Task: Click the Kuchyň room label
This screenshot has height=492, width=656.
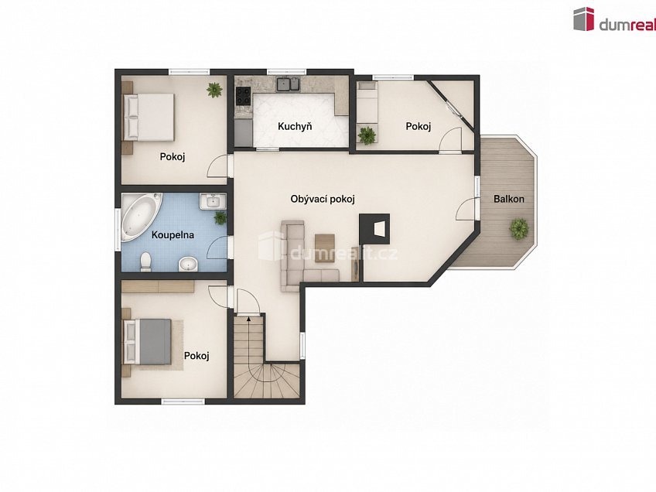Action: [295, 126]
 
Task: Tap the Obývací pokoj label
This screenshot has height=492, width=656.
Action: [323, 199]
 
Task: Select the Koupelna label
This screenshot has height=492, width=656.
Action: [173, 234]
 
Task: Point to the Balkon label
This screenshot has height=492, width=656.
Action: [509, 199]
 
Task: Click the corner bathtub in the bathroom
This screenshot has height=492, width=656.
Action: [141, 217]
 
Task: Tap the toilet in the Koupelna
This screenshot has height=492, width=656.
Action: [145, 262]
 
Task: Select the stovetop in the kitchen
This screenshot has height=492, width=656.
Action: [243, 96]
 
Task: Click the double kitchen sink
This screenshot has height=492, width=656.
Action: [289, 84]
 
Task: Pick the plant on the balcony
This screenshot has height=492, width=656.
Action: [519, 228]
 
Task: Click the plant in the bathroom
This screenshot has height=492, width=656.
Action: [220, 217]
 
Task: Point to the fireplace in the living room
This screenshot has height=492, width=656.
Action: [375, 229]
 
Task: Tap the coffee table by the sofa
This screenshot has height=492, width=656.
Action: [325, 248]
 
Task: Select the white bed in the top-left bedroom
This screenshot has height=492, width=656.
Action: [148, 117]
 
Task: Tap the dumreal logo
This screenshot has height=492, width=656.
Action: [613, 19]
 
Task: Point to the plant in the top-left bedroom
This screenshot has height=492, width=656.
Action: [214, 90]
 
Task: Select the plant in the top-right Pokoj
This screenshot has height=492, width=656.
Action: [367, 135]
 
